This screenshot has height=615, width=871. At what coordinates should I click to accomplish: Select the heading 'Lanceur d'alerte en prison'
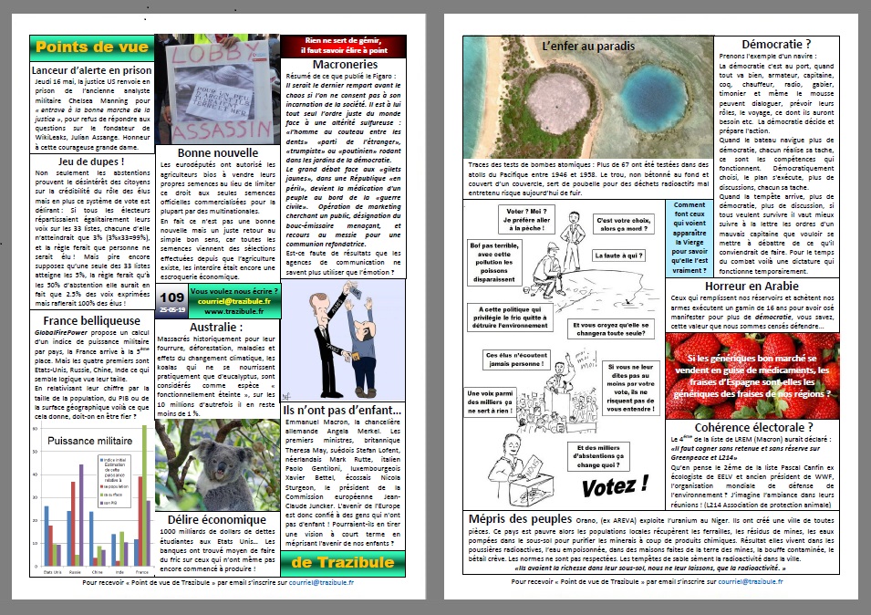coord(92,69)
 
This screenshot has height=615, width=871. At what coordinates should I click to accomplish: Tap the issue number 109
coord(171,296)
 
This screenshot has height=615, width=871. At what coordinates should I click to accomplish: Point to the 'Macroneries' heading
coord(345,65)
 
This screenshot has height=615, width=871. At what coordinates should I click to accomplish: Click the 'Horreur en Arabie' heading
coord(777,286)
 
